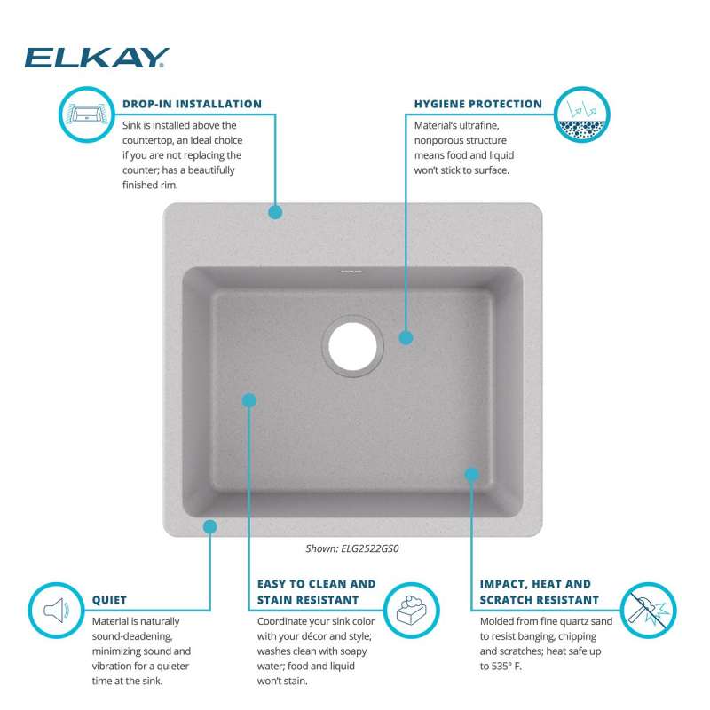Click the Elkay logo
(97, 58)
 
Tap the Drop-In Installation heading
(192, 104)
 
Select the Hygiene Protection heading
(478, 104)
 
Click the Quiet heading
(109, 600)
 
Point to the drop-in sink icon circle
(86, 114)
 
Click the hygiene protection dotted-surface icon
(582, 114)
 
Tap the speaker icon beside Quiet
(56, 610)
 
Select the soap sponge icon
(411, 610)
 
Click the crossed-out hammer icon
(648, 610)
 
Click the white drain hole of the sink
(352, 346)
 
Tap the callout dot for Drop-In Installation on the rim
(275, 212)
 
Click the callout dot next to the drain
(406, 338)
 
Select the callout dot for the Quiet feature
(209, 526)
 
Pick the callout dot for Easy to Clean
(249, 400)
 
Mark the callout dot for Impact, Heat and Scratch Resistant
(472, 475)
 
